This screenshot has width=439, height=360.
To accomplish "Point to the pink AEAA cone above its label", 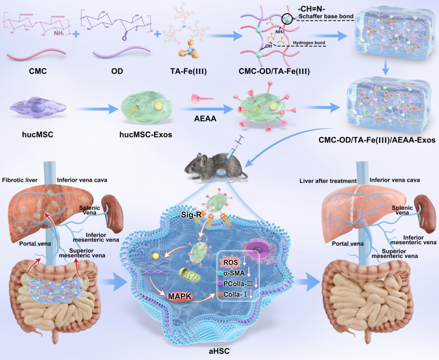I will point(202,99).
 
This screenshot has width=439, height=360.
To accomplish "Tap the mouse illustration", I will point(213,167).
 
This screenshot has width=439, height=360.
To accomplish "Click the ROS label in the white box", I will point(230,262).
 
